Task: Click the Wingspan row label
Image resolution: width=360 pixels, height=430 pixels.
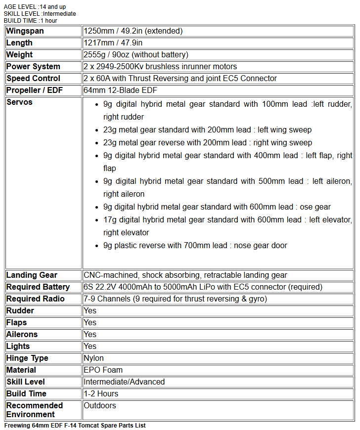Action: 25,31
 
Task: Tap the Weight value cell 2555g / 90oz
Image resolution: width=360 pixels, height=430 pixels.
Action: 135,55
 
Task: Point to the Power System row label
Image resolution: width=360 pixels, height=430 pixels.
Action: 33,67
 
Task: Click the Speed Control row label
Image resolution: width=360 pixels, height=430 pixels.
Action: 33,79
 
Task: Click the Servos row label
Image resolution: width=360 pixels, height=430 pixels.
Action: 20,102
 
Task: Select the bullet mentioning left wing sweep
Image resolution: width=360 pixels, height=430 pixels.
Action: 207,130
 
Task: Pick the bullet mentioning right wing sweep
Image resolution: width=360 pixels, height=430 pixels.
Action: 207,143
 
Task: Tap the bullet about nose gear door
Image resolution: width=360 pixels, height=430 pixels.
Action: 195,246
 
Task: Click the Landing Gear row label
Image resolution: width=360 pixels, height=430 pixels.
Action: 32,275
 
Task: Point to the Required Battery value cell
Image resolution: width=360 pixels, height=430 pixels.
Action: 203,287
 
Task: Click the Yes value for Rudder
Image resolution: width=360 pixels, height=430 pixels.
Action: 90,311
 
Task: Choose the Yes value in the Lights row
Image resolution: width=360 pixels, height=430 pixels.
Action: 90,346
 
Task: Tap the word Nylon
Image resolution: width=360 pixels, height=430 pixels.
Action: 93,358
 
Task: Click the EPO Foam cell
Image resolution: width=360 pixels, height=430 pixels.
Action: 103,370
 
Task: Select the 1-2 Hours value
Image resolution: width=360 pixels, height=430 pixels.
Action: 101,394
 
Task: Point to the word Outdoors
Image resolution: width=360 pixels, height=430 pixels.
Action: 100,406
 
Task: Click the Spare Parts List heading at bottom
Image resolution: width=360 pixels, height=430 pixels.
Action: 75,426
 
